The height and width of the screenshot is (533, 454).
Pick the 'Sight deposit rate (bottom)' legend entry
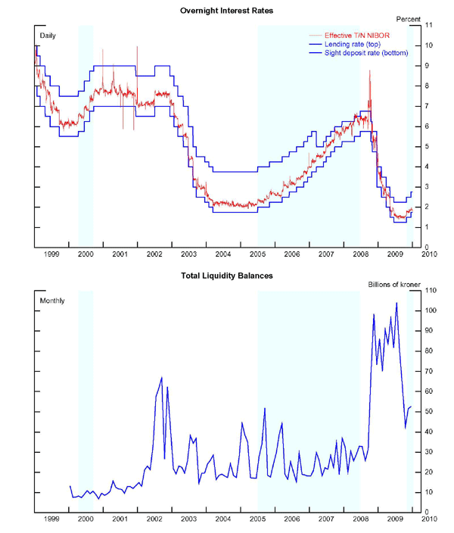pyautogui.click(x=364, y=54)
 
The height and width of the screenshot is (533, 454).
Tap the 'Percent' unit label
pyautogui.click(x=409, y=18)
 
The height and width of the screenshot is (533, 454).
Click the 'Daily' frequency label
pyautogui.click(x=48, y=36)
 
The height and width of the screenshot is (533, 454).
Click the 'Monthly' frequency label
pyautogui.click(x=51, y=301)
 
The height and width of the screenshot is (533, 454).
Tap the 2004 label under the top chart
pyautogui.click(x=223, y=255)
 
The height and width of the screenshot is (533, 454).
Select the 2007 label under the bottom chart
pyautogui.click(x=326, y=519)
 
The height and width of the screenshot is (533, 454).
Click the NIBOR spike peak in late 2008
pyautogui.click(x=370, y=70)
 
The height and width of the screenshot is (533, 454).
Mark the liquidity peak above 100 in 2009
pyautogui.click(x=396, y=303)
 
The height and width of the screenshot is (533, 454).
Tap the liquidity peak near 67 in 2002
pyautogui.click(x=161, y=377)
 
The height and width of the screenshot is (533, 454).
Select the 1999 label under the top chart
pyautogui.click(x=51, y=255)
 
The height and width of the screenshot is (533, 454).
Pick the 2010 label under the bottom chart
pyautogui.click(x=428, y=519)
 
